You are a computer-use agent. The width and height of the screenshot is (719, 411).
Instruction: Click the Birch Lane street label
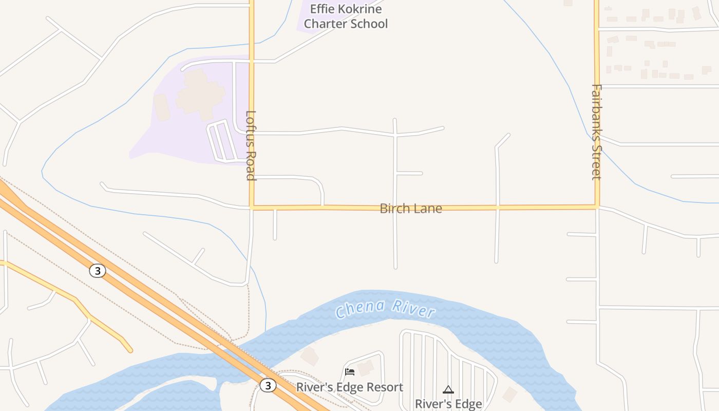[410, 208]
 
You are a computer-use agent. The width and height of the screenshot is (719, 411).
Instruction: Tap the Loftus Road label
[251, 145]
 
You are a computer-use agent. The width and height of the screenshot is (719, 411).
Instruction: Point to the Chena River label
[385, 308]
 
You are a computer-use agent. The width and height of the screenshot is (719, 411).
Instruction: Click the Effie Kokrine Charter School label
[346, 16]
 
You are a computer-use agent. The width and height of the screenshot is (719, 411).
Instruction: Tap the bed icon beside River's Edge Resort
[350, 371]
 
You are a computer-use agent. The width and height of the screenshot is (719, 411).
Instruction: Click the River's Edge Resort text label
[350, 387]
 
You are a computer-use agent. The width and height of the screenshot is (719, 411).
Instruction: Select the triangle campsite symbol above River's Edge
[448, 389]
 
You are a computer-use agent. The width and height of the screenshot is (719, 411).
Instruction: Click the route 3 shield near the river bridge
[268, 385]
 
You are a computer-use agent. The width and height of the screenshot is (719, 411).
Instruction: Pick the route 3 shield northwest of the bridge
[97, 270]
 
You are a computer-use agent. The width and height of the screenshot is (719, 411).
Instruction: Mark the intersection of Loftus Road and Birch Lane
[252, 208]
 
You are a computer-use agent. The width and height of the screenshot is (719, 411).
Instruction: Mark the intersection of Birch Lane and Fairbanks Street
[597, 207]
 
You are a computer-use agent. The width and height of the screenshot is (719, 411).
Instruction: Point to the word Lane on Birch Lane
[428, 208]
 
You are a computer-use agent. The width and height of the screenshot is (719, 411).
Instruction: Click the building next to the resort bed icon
[366, 368]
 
